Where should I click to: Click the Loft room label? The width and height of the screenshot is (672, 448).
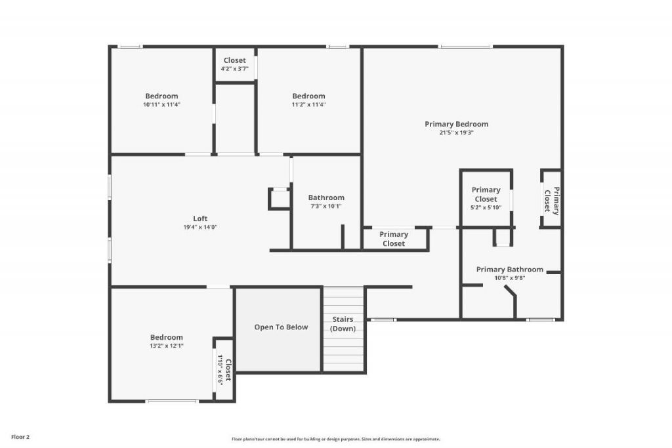click(x=199, y=218)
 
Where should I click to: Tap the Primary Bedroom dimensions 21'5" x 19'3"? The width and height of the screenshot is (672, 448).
click(x=456, y=132)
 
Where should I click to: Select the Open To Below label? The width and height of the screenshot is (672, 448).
click(x=281, y=327)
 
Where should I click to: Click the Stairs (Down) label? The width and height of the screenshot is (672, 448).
click(x=343, y=324)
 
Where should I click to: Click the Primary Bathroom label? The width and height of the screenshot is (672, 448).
click(x=509, y=269)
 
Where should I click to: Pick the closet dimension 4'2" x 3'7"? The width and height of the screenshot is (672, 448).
click(x=235, y=68)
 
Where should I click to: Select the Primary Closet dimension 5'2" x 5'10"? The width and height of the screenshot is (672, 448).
click(x=486, y=207)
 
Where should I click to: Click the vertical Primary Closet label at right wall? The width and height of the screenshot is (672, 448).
click(x=551, y=200)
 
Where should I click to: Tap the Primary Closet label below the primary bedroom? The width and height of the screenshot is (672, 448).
click(x=394, y=239)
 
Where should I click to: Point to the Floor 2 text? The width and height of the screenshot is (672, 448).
click(x=20, y=436)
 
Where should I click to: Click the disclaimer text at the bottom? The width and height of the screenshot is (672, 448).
click(x=335, y=439)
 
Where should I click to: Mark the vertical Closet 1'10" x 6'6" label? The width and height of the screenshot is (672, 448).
click(x=224, y=371)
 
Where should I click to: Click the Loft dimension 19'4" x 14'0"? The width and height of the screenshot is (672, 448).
click(x=199, y=227)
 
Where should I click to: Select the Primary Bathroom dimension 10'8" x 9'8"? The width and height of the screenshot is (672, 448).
click(x=509, y=277)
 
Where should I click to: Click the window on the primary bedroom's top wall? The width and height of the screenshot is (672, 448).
click(x=465, y=47)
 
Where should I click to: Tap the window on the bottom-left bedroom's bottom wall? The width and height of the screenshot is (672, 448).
click(x=172, y=401)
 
